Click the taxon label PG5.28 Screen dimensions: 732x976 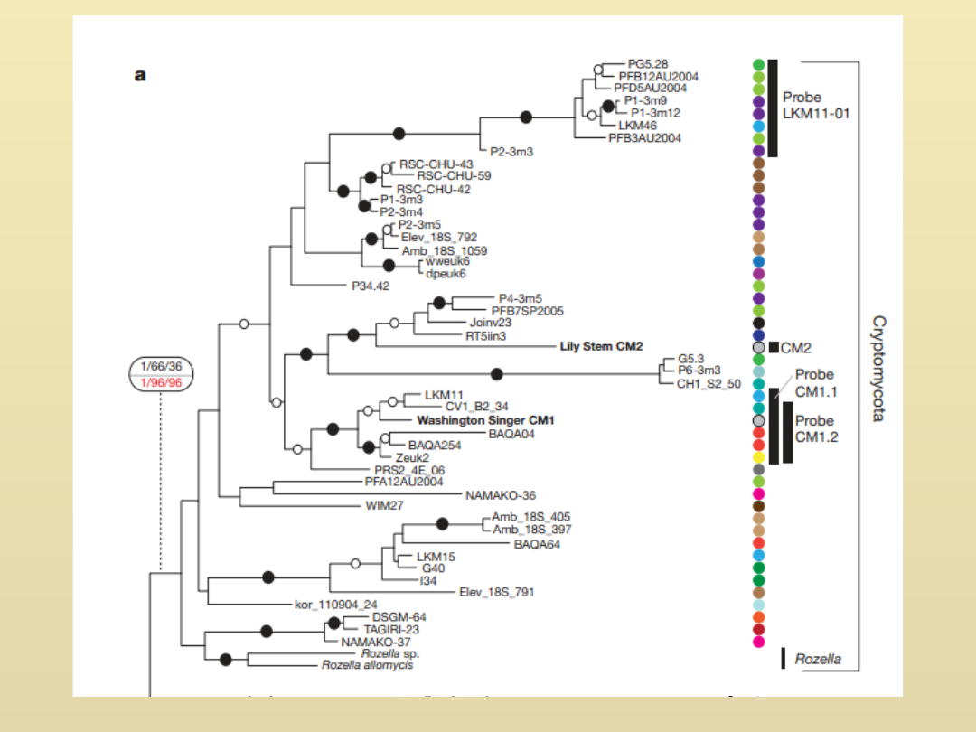pos(648,64)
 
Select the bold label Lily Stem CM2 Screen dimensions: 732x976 pos(601,346)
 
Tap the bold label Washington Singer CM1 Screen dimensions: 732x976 pos(485,421)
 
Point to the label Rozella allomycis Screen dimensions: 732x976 pos(368,665)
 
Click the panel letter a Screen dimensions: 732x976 pos(140,76)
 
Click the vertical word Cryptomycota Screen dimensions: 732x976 pos(879,368)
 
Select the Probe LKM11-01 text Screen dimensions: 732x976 pos(816,105)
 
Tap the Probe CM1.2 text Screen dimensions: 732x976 pos(816,429)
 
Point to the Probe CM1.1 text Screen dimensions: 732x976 pos(816,383)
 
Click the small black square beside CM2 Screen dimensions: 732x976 pos(774,347)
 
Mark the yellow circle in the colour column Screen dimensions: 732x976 pos(759,457)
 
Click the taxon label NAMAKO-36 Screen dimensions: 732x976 pos(501,495)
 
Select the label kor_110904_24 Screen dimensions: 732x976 pos(336,604)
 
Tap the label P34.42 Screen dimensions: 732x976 pos(371,286)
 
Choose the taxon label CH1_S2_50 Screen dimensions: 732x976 pos(709,383)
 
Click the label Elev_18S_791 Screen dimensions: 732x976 pos(496,592)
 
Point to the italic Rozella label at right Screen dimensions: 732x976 pos(818,659)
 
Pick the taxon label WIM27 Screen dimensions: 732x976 pos(384,505)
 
